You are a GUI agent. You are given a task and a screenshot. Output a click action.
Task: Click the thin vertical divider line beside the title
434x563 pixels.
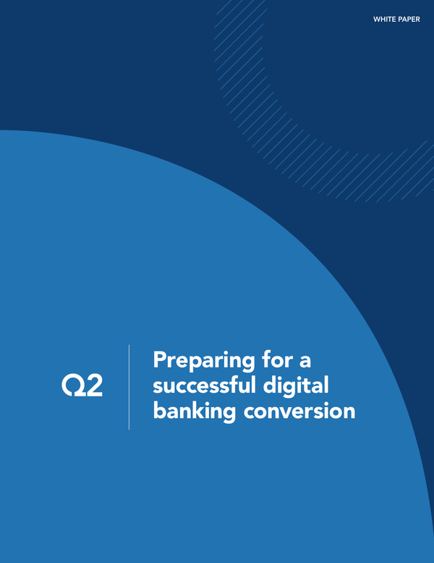point(129,387)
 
